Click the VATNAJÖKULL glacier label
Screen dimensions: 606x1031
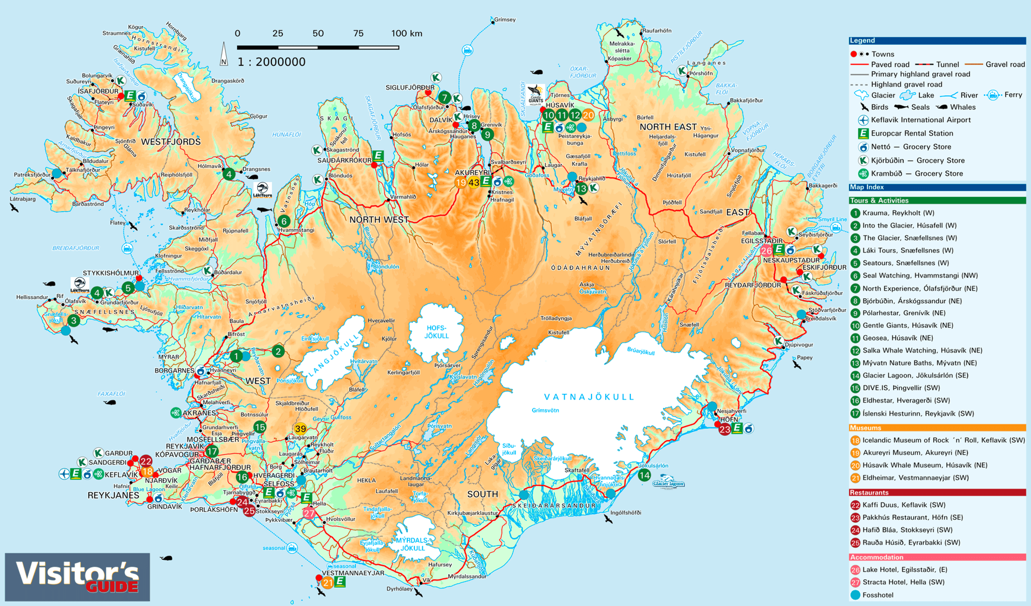(x=589, y=397)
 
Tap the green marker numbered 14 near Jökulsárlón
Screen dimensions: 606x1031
(x=644, y=475)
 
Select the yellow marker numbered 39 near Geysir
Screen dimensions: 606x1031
(x=300, y=429)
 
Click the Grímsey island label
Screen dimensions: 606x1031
(x=504, y=20)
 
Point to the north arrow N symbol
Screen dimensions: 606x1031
(x=224, y=55)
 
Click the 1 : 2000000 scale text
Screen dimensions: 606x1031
(x=271, y=62)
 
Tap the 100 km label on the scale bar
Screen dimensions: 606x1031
(x=406, y=34)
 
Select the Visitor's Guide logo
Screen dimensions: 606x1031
(x=78, y=577)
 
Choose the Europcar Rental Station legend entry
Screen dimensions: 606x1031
(x=912, y=133)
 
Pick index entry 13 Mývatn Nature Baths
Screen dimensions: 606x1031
(x=919, y=363)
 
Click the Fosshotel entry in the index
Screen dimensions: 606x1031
(x=877, y=595)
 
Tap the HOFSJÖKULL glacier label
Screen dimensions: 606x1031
(x=436, y=331)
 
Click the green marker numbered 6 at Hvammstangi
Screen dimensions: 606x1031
(x=284, y=221)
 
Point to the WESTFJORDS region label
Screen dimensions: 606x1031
(x=171, y=142)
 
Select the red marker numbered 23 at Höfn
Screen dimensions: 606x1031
(x=724, y=430)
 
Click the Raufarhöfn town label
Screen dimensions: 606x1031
(x=656, y=31)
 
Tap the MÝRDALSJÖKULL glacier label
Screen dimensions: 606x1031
(x=412, y=544)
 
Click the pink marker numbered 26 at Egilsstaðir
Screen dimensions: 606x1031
(x=766, y=250)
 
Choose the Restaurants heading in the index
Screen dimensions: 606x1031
(x=869, y=493)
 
